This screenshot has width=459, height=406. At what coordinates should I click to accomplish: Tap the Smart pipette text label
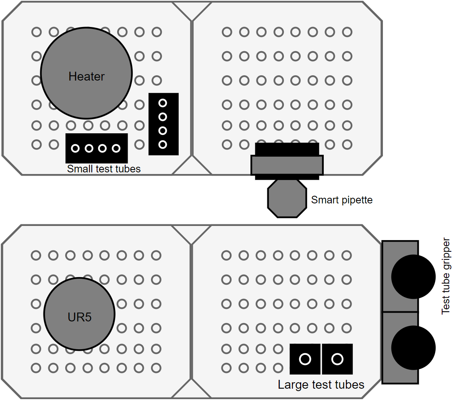point(342,200)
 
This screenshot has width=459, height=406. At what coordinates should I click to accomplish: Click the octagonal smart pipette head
point(287,199)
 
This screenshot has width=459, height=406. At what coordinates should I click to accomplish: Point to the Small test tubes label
point(104,169)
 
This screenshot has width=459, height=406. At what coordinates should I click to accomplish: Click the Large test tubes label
point(321,385)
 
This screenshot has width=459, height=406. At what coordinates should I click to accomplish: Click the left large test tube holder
point(305,358)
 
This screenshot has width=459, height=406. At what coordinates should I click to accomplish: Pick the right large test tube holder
point(337,358)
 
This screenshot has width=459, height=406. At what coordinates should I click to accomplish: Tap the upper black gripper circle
point(413,277)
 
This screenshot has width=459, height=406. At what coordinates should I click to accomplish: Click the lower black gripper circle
point(413,348)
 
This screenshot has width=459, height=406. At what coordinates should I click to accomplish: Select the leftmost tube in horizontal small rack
point(75,148)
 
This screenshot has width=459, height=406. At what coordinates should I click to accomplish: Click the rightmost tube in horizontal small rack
point(116,148)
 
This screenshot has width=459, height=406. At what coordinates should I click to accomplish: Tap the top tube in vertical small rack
point(163,103)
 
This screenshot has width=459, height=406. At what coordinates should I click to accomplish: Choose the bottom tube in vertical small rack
point(163,144)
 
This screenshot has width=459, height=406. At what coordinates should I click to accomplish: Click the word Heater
point(86,76)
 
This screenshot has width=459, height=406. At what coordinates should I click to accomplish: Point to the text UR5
point(79,317)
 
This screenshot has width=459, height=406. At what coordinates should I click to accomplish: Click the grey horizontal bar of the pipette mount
point(287,165)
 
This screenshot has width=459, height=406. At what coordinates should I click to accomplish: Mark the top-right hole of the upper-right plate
point(347,32)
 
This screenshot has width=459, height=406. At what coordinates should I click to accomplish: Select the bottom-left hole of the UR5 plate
point(36,368)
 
